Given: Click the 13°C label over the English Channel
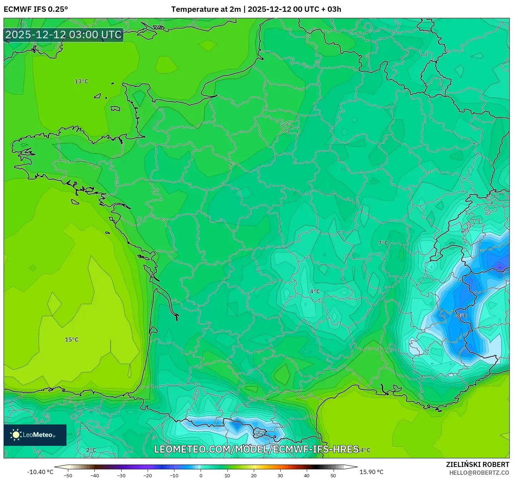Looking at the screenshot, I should point(81,81).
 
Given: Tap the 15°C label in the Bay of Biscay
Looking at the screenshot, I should point(71,339).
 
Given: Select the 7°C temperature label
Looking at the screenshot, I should point(383,243).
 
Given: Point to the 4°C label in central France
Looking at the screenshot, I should point(315,292).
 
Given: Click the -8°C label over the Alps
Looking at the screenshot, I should point(461,315).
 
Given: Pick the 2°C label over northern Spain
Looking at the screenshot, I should point(91,450).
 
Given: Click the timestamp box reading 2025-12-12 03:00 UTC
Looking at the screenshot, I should point(64,35).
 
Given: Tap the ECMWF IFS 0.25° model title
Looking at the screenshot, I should point(36,9).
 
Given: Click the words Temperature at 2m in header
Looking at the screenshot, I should point(206,9).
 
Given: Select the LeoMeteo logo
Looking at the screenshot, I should point(35,435).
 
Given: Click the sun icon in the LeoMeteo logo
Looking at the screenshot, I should point(16,435).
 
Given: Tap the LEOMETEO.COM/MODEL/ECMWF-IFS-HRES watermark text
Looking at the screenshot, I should point(256,449).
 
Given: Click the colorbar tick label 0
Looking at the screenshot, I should point(201,475).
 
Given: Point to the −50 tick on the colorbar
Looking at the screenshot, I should point(68,475).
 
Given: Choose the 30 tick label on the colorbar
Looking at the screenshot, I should point(280,475).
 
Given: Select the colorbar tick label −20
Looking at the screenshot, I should point(148,475).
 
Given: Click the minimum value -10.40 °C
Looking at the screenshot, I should point(40,472).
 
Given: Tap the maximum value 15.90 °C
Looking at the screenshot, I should point(371,472).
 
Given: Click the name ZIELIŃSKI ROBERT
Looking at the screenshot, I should point(477,464).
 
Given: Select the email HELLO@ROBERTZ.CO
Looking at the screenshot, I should point(479,473).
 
